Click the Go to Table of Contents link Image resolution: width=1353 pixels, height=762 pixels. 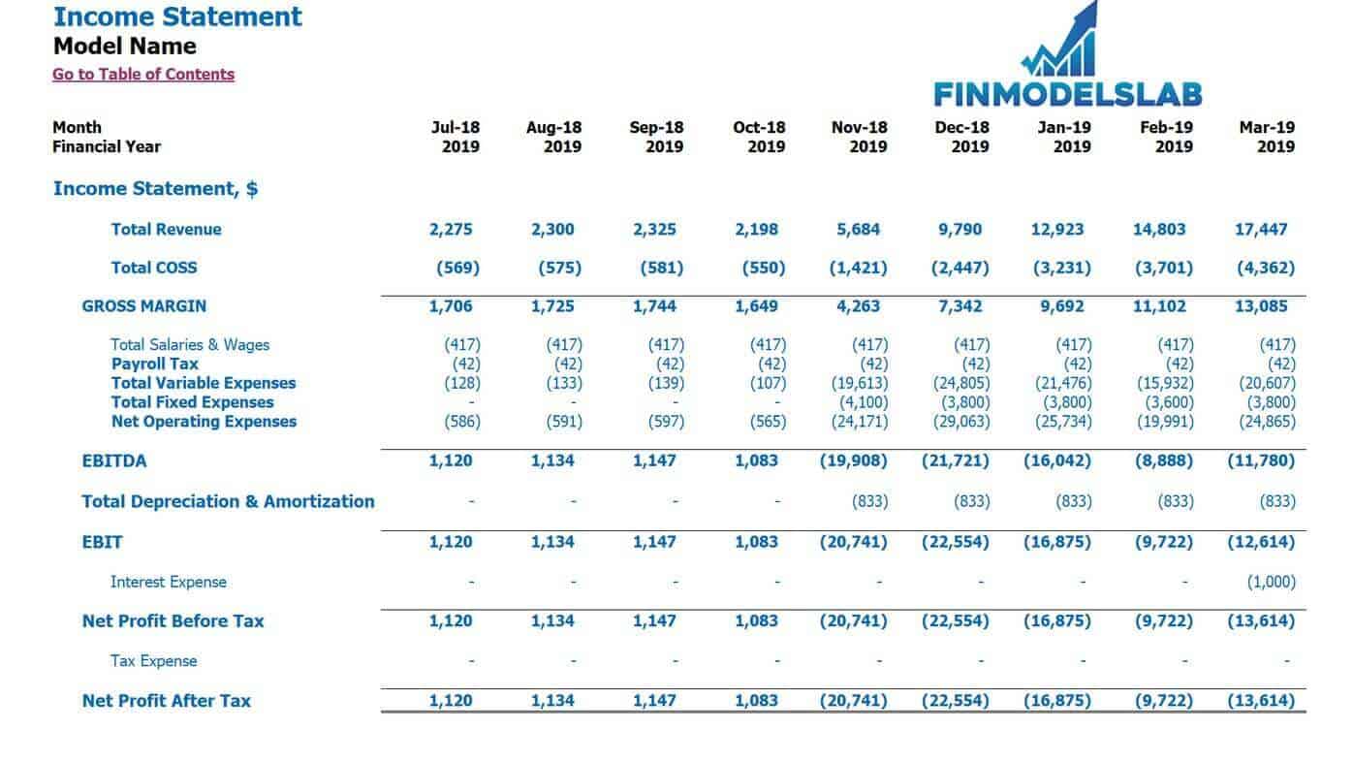point(143,75)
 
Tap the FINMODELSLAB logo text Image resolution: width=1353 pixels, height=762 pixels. point(1068,95)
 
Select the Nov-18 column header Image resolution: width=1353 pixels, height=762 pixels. point(859,128)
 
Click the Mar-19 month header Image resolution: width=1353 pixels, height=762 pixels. point(1267,128)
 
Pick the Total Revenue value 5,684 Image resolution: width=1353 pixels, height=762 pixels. point(858,230)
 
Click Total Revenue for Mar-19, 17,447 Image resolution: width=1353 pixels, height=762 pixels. point(1261,230)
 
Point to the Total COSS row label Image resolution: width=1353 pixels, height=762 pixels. point(154,268)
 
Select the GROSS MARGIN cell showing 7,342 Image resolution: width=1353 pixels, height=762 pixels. point(960,306)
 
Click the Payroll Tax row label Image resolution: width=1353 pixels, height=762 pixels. point(155,364)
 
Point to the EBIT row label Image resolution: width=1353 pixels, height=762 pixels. point(102,542)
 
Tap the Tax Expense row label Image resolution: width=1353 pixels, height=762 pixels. point(153,661)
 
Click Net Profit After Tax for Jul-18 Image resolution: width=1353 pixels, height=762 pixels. point(451,701)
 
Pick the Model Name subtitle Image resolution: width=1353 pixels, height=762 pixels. point(125,47)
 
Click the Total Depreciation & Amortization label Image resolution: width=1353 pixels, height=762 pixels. point(229,501)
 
